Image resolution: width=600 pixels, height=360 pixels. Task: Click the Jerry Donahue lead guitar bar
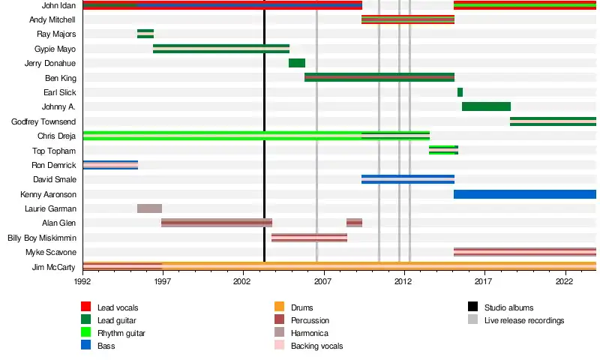pyautogui.click(x=297, y=63)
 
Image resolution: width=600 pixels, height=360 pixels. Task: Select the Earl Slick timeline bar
pyautogui.click(x=460, y=92)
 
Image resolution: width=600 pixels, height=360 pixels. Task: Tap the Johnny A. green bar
pyautogui.click(x=486, y=106)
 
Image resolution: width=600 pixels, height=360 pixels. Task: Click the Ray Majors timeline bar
pyautogui.click(x=145, y=34)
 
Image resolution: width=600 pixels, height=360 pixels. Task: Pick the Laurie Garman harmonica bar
pyautogui.click(x=149, y=208)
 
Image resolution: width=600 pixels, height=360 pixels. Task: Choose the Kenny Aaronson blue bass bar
pyautogui.click(x=524, y=194)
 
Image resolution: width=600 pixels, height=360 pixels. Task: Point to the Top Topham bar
pyautogui.click(x=443, y=150)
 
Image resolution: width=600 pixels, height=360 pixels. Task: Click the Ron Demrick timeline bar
pyautogui.click(x=110, y=165)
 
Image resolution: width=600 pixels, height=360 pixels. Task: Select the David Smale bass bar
pyautogui.click(x=407, y=179)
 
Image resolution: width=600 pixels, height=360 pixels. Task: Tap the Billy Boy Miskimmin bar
pyautogui.click(x=309, y=238)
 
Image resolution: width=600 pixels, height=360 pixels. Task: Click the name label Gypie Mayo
pyautogui.click(x=55, y=49)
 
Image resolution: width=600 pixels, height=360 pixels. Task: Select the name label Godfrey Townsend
pyautogui.click(x=43, y=121)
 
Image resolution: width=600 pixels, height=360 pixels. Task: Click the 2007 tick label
pyautogui.click(x=323, y=281)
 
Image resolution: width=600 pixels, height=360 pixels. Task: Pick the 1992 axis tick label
pyautogui.click(x=82, y=281)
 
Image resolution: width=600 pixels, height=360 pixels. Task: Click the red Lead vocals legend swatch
pyautogui.click(x=86, y=307)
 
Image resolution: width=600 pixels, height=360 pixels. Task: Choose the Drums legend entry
pyautogui.click(x=301, y=307)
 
